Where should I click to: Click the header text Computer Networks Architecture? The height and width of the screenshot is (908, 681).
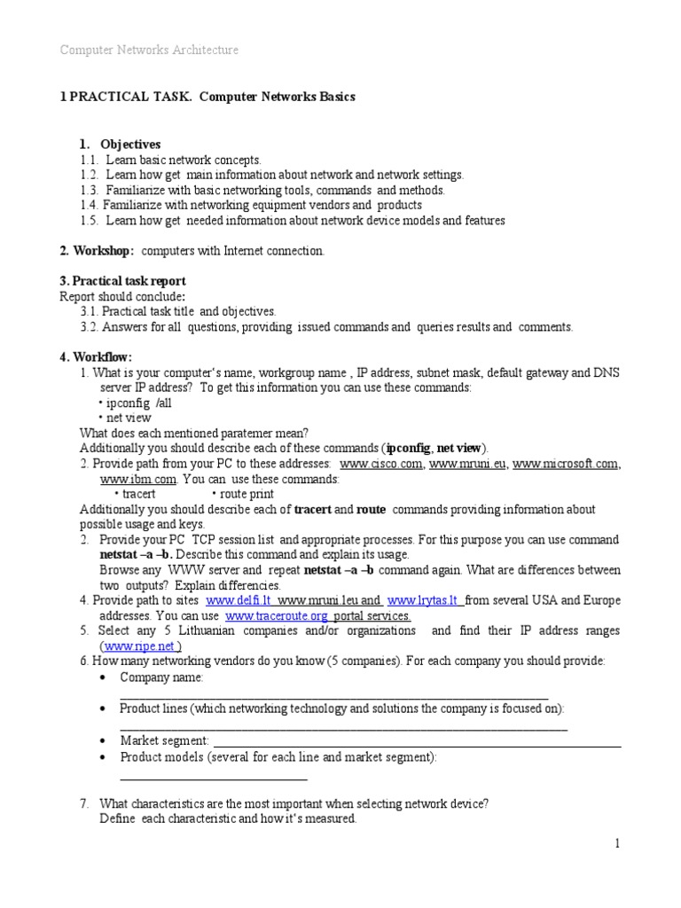[x=149, y=51]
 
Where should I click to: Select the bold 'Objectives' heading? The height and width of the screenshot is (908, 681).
[x=130, y=144]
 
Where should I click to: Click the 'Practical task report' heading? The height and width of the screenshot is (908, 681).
[x=122, y=281]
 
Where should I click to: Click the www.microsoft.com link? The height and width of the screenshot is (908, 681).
[x=565, y=464]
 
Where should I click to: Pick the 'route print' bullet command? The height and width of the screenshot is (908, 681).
[x=243, y=494]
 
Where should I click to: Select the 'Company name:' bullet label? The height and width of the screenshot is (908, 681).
[x=161, y=677]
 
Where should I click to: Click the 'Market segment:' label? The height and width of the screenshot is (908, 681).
[x=164, y=740]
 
